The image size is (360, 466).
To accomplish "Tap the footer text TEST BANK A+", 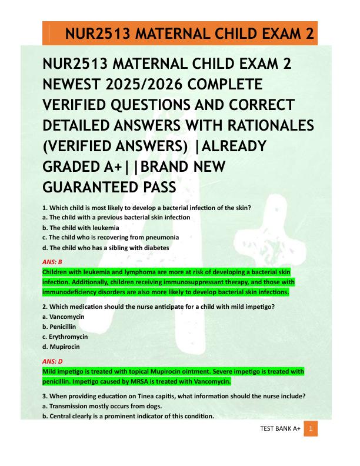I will (280, 430).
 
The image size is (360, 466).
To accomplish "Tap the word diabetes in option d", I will (155, 248).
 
